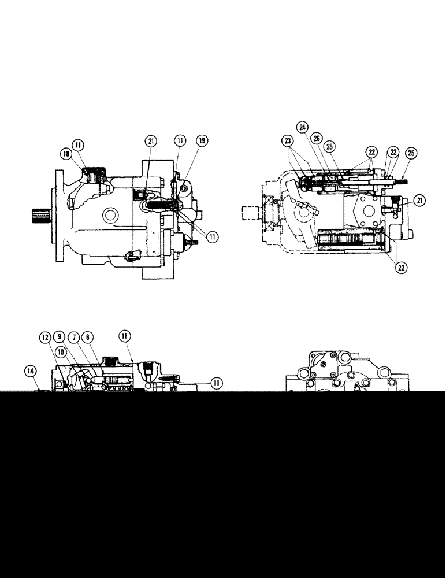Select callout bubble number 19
click(202, 140)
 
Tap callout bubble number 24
click(302, 127)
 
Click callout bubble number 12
click(46, 338)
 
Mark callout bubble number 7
click(73, 338)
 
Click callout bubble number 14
click(31, 369)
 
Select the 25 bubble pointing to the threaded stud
click(412, 153)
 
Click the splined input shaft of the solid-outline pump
click(39, 217)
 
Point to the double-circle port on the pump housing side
click(109, 216)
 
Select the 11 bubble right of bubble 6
click(125, 336)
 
